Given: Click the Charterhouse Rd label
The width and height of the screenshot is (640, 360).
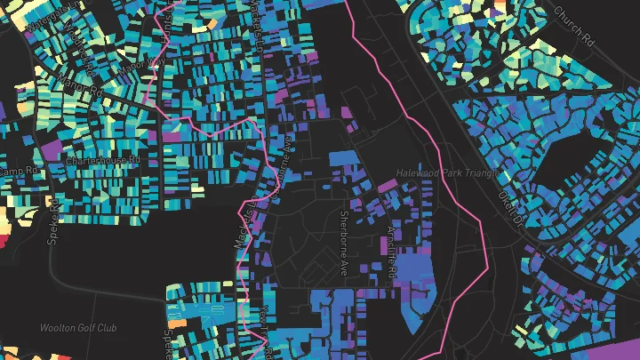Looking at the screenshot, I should [x=104, y=161].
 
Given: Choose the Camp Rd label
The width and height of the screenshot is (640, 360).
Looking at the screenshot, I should [x=17, y=170].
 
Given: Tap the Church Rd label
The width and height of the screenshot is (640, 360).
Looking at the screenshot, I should [x=573, y=28].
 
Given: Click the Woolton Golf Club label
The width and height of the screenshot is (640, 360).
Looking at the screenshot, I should [x=78, y=328].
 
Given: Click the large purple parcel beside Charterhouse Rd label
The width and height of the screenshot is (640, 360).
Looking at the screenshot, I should [x=52, y=147].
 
